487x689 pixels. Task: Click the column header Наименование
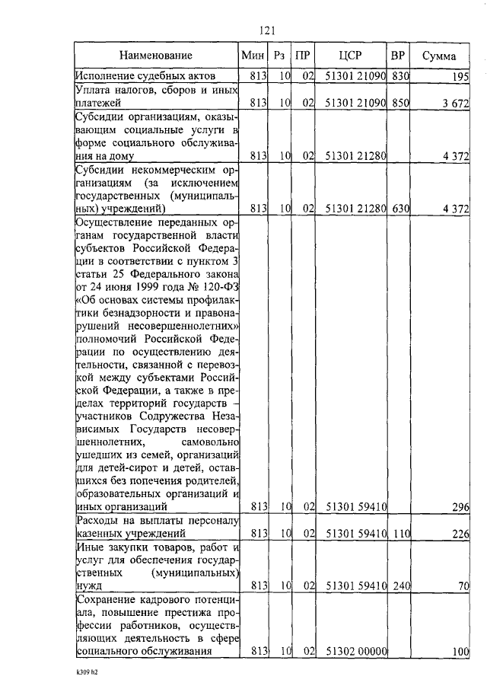pos(155,56)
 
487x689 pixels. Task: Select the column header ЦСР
pos(352,56)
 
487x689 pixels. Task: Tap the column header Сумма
pos(441,56)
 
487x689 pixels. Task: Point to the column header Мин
pos(252,56)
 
